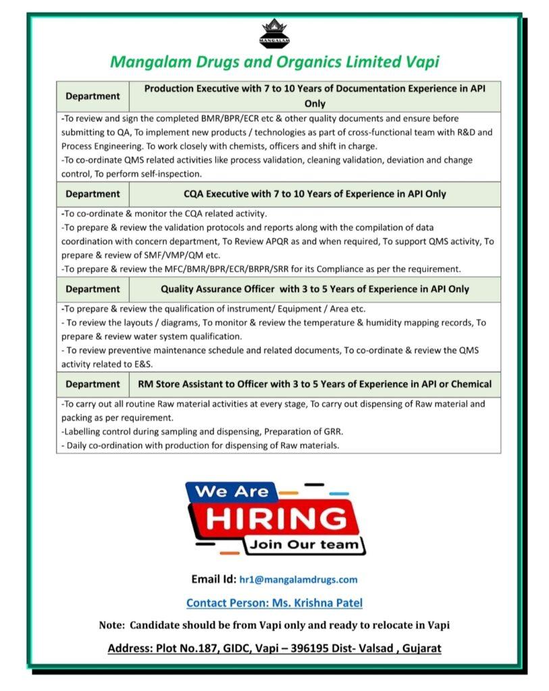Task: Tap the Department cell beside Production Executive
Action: (93, 96)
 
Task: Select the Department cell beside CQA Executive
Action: (93, 194)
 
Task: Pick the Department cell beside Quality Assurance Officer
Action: (93, 289)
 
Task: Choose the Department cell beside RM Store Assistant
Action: (93, 384)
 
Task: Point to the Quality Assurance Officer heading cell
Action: (315, 289)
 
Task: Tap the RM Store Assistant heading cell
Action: (315, 384)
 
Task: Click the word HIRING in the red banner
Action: (274, 519)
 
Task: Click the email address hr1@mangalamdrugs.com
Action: (298, 579)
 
